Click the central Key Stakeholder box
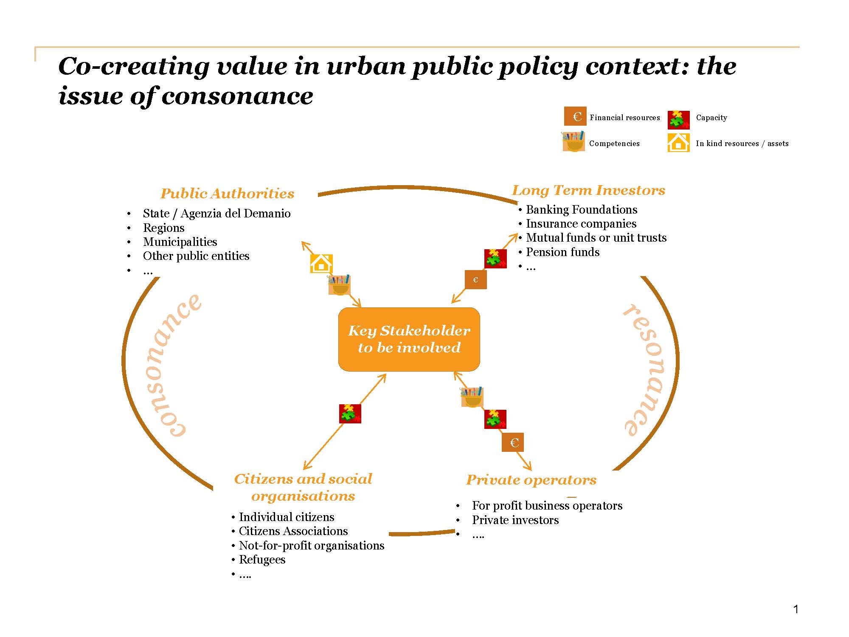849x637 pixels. pos(409,339)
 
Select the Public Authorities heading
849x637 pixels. pos(227,194)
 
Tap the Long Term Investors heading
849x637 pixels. pos(588,190)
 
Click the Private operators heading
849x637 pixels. pos(531,480)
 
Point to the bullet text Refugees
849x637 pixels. pos(262,560)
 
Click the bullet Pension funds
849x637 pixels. pos(562,252)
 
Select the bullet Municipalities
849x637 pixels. pos(180,242)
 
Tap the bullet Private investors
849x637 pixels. pos(515,520)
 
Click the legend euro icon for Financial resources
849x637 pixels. pos(575,116)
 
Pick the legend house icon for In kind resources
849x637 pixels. pos(678,143)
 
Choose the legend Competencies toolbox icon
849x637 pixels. pos(573,141)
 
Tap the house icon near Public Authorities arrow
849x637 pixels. pos(321,263)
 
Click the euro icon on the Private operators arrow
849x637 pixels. pos(513,443)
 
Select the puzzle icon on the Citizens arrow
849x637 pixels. pos(350,414)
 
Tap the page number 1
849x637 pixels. pos(796,609)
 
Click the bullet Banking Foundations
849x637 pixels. pos(581,210)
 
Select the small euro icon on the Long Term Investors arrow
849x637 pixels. pos(475,280)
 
